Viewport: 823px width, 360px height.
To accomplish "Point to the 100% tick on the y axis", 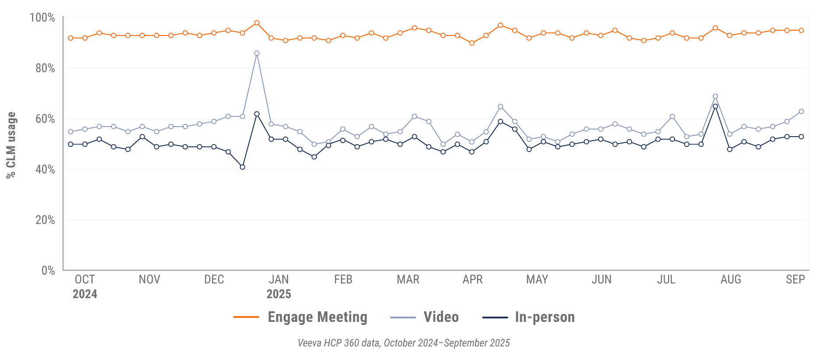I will point(42,18).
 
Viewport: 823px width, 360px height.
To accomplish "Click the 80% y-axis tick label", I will point(45,68).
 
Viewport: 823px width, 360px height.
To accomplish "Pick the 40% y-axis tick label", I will point(45,169).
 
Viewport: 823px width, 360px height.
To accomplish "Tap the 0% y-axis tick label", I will point(48,271).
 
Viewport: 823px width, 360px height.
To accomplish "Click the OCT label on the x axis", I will point(85,279).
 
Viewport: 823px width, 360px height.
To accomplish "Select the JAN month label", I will point(278,279).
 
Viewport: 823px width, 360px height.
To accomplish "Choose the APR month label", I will point(472,279).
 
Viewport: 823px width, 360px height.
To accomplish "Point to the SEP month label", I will point(795,279).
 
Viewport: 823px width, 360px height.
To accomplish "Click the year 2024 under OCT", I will point(85,294).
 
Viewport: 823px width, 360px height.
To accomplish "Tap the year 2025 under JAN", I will point(278,294).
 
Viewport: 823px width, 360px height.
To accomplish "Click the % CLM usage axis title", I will point(11,145).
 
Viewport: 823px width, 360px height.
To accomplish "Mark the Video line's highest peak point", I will point(257,53).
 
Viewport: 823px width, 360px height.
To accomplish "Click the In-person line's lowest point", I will point(243,167).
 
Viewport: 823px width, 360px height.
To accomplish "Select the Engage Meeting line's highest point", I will point(257,23).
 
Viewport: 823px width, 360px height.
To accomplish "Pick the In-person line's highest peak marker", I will point(715,106).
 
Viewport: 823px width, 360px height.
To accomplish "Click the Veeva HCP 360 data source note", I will point(404,343).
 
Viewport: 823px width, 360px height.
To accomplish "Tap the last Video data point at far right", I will point(802,111).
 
